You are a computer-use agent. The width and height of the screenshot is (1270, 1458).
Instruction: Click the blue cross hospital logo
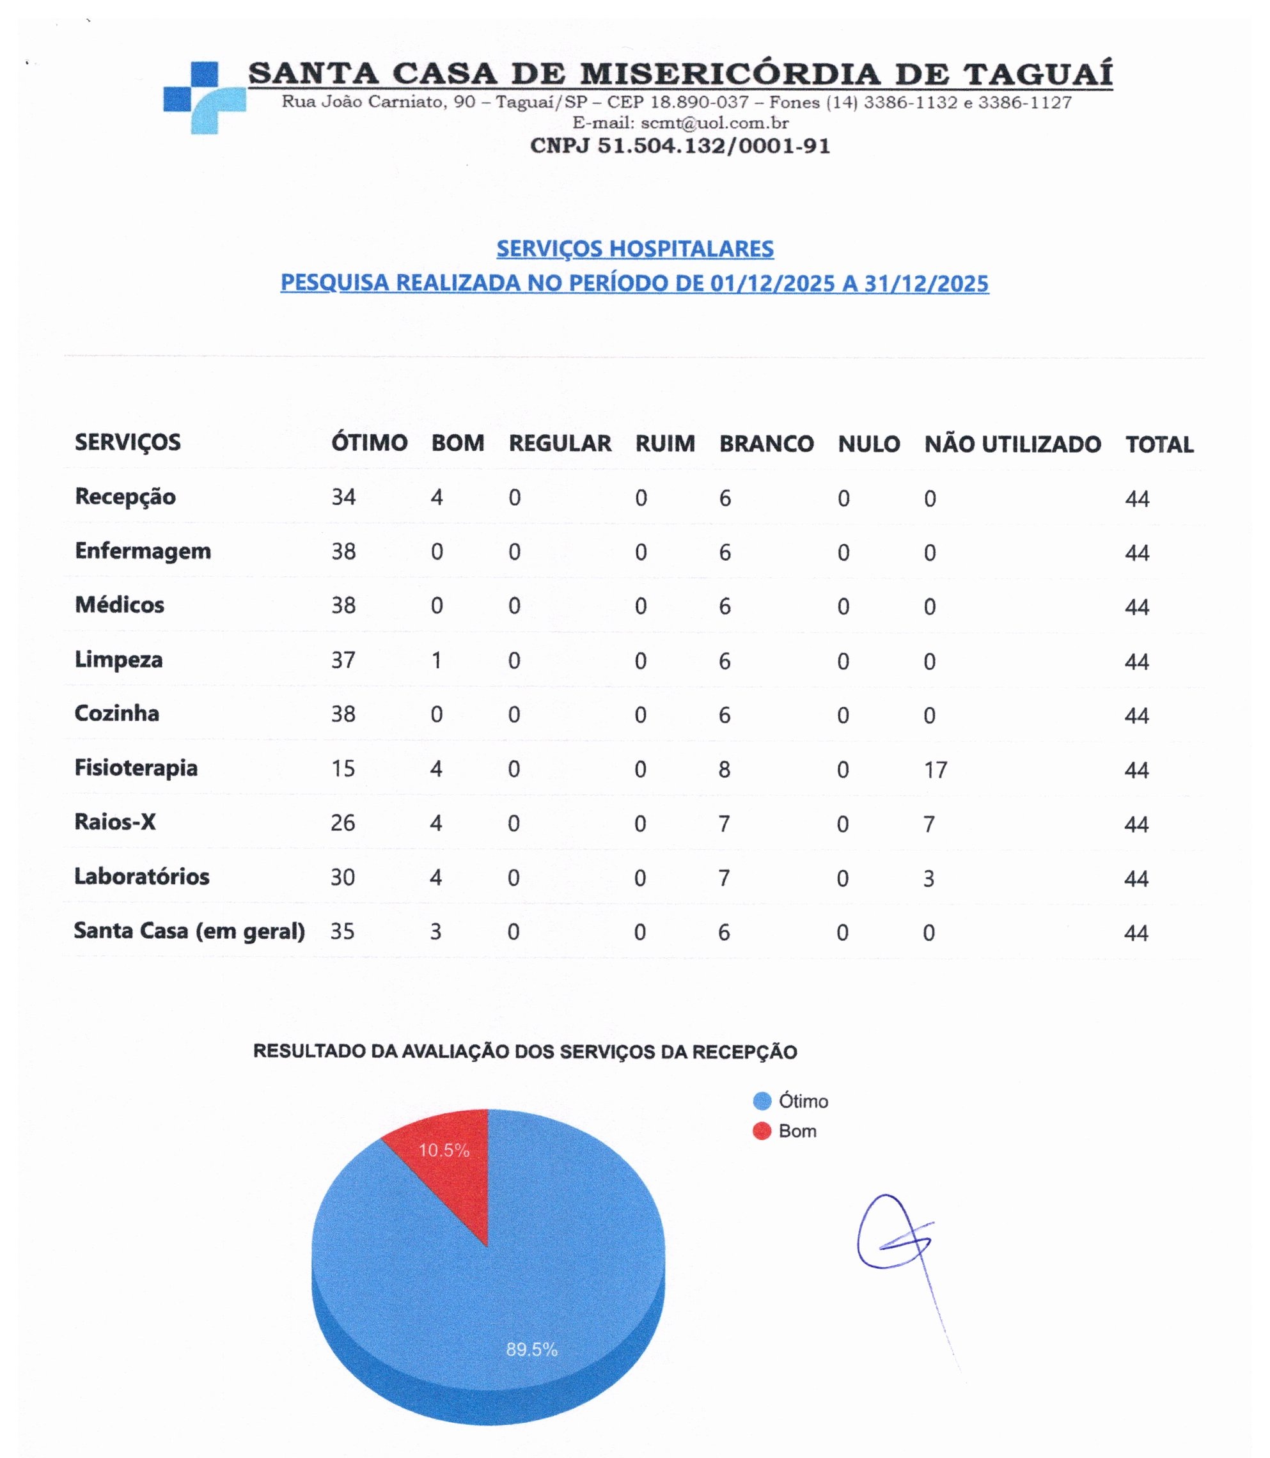pos(203,98)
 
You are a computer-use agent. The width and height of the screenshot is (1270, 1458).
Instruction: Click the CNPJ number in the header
pos(680,146)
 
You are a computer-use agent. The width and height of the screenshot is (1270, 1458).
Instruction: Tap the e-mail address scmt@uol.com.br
pos(714,123)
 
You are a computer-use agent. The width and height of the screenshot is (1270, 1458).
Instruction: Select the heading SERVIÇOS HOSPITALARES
pos(634,249)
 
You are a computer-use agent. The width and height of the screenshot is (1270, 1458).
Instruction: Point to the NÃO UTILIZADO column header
pos(1012,444)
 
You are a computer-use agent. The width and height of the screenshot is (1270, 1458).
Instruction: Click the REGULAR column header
pos(560,444)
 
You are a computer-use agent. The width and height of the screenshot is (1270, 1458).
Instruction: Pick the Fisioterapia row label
pos(136,767)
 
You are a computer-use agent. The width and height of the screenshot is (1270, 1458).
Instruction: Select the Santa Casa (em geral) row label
pos(189,930)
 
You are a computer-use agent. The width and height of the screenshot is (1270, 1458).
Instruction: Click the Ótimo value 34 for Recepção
pos(344,498)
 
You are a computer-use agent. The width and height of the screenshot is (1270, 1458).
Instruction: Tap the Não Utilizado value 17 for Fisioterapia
pos(936,771)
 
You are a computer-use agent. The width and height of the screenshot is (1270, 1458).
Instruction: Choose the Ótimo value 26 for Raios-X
pos(343,824)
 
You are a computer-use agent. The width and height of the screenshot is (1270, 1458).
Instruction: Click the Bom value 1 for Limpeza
pos(437,661)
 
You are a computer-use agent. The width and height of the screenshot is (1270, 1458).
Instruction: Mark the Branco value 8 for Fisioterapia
pos(724,770)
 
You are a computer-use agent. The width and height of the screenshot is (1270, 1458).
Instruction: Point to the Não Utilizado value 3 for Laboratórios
pos(929,879)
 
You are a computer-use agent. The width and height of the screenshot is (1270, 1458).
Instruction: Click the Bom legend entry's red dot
pos(762,1131)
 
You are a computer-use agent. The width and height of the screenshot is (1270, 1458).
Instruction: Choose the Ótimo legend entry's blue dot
pos(762,1101)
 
